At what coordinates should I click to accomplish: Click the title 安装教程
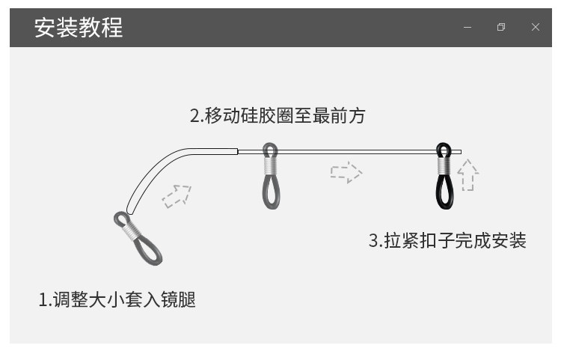pos(79,28)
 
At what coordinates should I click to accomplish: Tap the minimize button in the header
pos(467,28)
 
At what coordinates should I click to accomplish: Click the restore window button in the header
pos(501,28)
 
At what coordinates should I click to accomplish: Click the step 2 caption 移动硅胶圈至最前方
pos(278,116)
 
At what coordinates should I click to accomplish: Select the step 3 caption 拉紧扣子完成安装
pos(447,240)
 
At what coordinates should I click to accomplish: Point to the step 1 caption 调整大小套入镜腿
pos(117,300)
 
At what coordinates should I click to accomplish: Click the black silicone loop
pos(444,191)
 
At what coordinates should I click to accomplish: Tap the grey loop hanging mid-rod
pos(271,190)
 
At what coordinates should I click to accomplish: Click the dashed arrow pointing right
pos(346,173)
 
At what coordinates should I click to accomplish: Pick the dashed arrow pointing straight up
pos(467,175)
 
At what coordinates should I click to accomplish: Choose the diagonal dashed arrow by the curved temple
pos(177,195)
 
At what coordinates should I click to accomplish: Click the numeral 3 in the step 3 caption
pos(373,241)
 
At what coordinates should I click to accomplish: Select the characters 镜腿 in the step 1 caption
pos(179,300)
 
